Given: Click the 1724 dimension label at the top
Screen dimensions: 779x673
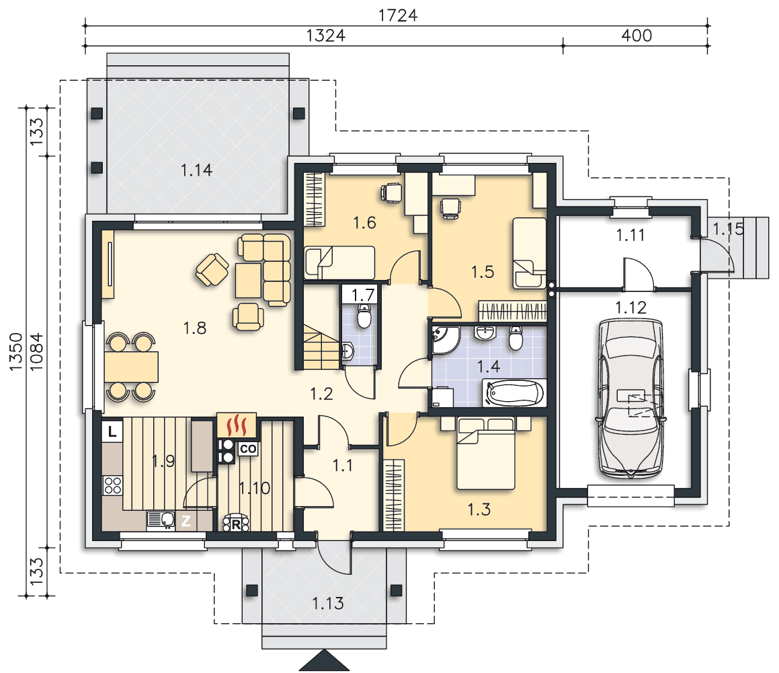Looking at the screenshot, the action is point(397,15).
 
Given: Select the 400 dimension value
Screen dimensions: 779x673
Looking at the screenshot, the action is point(637,36).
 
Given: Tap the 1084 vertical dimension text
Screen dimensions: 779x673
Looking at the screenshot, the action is point(36,352).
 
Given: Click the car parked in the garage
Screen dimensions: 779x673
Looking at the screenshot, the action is point(630,398).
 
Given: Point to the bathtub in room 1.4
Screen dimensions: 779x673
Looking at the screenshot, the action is point(514,393).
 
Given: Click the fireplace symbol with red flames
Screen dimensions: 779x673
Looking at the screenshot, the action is point(237,425).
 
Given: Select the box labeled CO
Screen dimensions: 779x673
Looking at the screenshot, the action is point(248,449).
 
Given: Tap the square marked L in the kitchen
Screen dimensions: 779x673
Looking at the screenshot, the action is point(112,431).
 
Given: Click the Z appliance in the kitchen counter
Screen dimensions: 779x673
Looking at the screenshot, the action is point(186,522).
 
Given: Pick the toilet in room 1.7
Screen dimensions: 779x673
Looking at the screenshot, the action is point(364,316).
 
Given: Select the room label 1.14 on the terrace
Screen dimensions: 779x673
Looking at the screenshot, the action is point(196,171).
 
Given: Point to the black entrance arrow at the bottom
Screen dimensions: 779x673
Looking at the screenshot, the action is point(324,660).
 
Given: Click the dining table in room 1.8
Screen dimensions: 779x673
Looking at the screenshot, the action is point(131,367).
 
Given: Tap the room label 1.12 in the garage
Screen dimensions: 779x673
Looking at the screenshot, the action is point(630,308).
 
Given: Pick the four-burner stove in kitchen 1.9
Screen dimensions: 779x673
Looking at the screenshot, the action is point(113,485).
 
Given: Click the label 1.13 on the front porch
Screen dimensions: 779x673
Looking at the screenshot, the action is point(328,604).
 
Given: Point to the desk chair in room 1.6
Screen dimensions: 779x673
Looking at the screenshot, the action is point(391,192).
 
